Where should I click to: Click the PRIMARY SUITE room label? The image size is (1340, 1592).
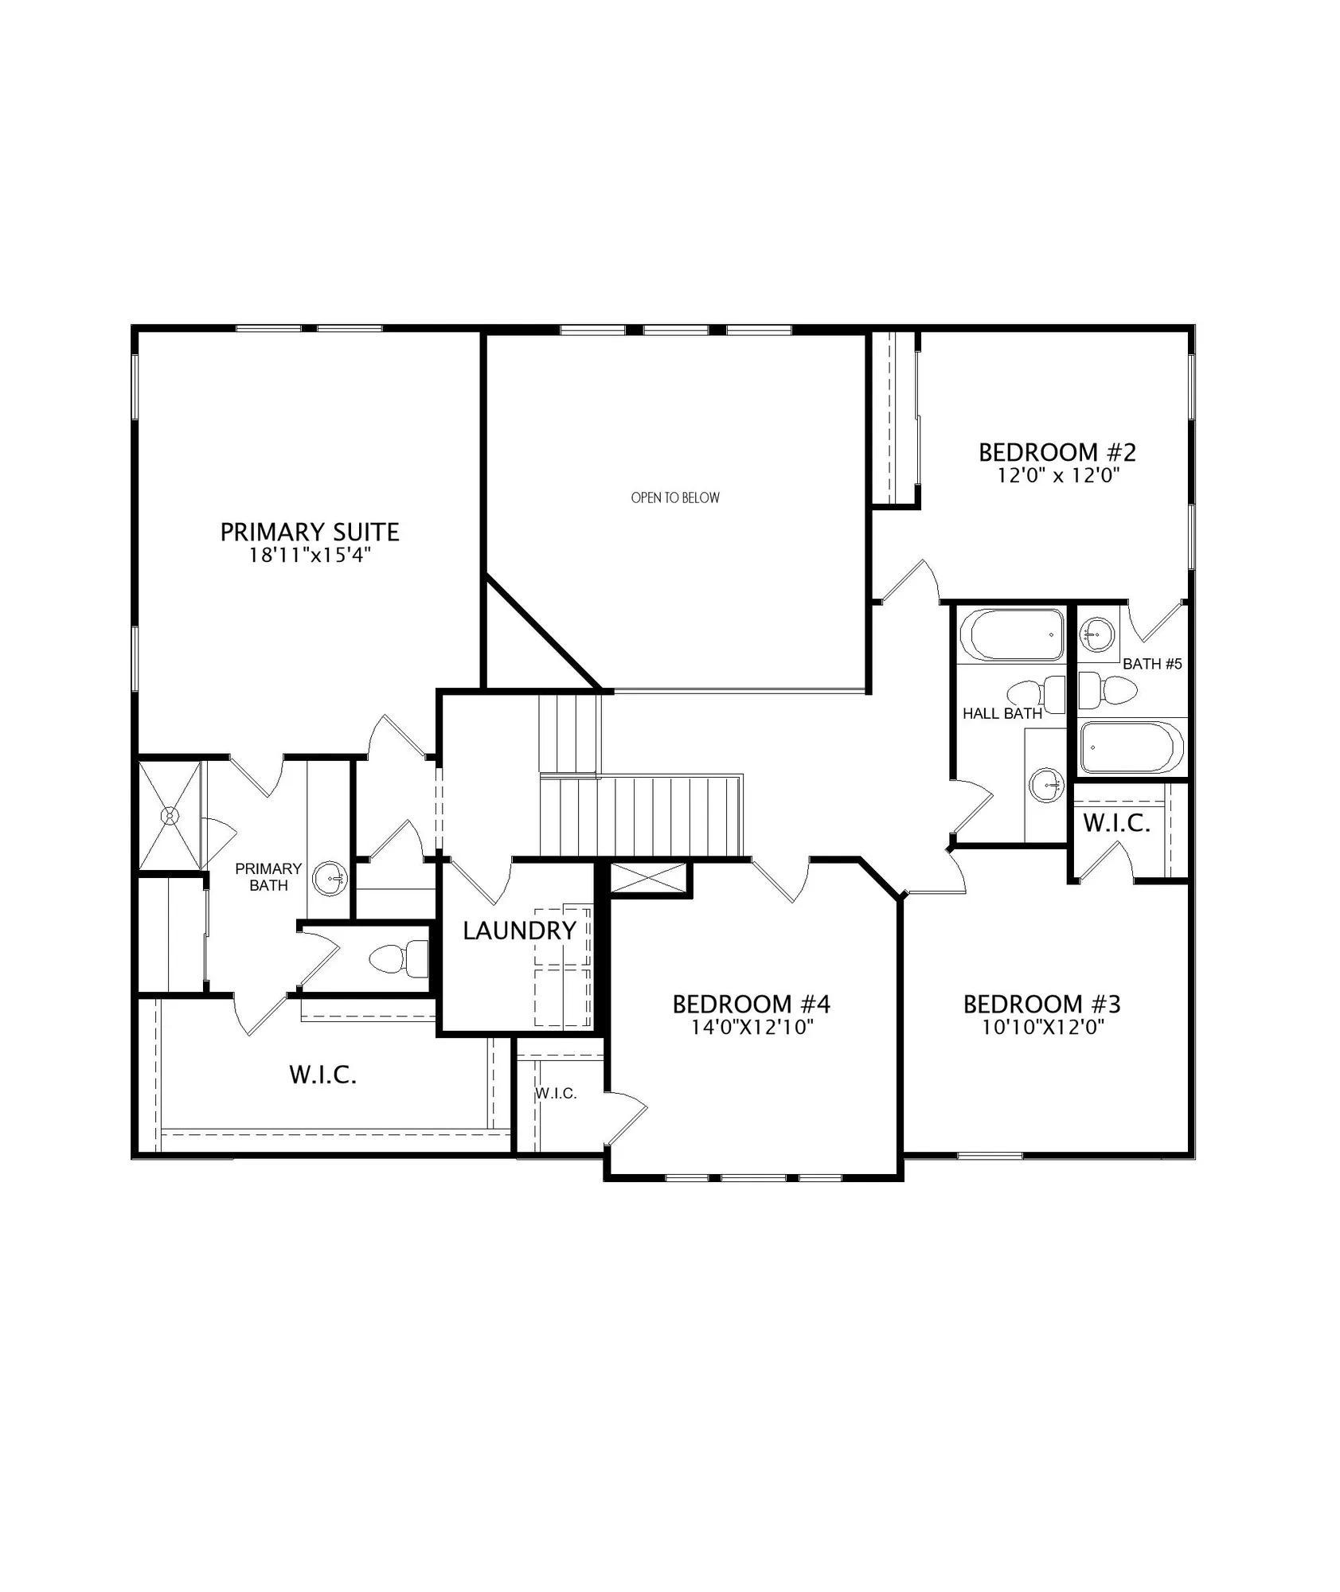[310, 532]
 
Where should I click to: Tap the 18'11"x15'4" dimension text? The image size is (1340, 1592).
[311, 556]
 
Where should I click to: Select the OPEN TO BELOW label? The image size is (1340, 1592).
[675, 498]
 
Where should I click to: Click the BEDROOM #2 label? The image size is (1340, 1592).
[1057, 453]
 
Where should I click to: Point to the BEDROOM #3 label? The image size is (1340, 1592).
[1042, 1005]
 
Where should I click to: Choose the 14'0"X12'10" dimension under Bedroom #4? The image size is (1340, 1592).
[752, 1028]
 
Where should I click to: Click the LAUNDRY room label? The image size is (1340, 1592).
[519, 931]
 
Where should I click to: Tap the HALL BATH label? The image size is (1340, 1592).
[1002, 714]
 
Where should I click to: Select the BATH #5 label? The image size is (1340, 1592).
[1152, 664]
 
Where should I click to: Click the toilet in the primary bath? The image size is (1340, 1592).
[400, 958]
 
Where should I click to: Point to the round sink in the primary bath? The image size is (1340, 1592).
[330, 879]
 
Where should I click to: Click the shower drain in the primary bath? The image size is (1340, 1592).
[170, 816]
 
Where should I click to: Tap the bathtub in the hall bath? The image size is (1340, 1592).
[1011, 634]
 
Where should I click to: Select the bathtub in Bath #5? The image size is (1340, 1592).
[1131, 747]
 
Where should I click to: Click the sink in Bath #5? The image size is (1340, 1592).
[1097, 634]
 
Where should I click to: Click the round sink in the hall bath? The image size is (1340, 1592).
[1045, 786]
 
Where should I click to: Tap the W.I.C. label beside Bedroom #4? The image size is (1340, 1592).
[556, 1094]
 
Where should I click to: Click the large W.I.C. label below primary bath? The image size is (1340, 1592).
[322, 1075]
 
